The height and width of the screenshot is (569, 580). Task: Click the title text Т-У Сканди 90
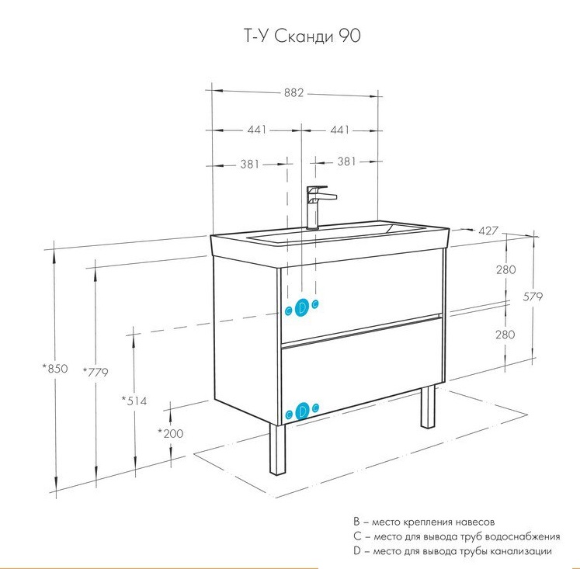(x=297, y=36)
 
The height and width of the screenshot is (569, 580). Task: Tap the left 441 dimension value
(x=258, y=130)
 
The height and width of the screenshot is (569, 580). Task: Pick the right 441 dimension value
(x=339, y=130)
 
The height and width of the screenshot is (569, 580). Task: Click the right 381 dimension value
(x=346, y=162)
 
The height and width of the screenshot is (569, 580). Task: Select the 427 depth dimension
(x=488, y=231)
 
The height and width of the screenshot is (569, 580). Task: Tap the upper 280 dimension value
(x=505, y=270)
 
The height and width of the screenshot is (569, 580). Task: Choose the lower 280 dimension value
(x=505, y=335)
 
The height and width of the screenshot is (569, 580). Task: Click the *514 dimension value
(x=134, y=401)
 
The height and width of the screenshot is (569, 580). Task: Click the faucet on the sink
(x=316, y=204)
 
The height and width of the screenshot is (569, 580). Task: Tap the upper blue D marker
(x=303, y=307)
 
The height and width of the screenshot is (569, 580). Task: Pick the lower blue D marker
(x=302, y=412)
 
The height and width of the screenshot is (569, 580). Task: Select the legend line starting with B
(x=423, y=522)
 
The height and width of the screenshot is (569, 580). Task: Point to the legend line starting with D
(x=452, y=551)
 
